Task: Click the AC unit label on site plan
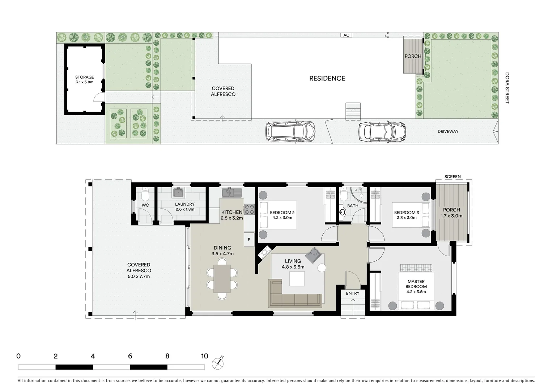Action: click(x=346, y=35)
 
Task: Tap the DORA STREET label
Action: click(x=507, y=88)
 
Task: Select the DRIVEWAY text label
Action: click(x=448, y=131)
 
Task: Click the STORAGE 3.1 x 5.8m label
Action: click(x=84, y=80)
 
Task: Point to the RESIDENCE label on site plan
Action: click(x=327, y=78)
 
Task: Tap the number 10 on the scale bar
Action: click(x=204, y=356)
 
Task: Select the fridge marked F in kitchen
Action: click(x=249, y=240)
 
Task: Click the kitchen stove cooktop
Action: click(x=249, y=210)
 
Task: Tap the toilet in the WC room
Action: click(x=145, y=194)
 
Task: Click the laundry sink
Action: click(x=178, y=193)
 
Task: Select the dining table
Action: click(x=222, y=278)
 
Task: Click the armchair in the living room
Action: click(x=313, y=255)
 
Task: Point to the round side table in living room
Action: click(x=322, y=268)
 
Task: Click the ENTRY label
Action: click(x=352, y=293)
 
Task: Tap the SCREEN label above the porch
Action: click(x=452, y=177)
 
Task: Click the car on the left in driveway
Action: click(x=290, y=131)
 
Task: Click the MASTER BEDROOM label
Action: click(x=416, y=284)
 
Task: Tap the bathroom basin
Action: click(x=342, y=212)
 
